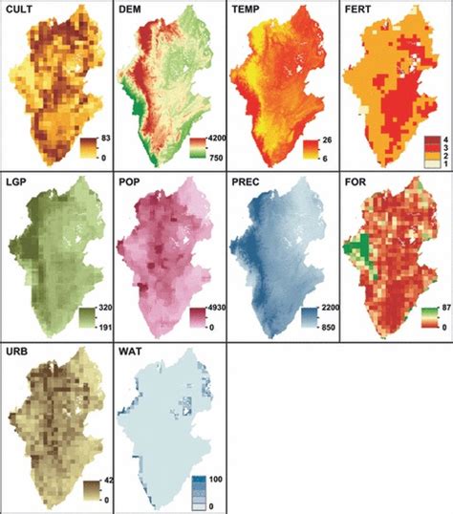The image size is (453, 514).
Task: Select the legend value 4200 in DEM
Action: (217, 139)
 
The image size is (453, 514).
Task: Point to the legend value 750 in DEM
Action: (215, 157)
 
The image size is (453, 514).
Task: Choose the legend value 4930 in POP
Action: (217, 311)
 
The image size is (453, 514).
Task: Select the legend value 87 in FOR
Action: (442, 311)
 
